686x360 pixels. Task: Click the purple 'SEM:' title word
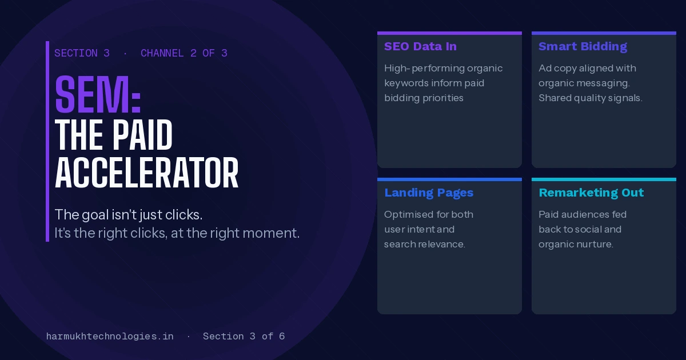pos(98,94)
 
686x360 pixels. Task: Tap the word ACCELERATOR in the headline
pos(146,173)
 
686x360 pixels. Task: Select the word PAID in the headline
pos(142,135)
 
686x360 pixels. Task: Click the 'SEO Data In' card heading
pos(421,46)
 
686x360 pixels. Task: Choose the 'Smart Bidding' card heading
pos(583,46)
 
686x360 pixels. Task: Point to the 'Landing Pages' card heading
pos(429,193)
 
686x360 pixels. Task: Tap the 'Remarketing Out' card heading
pos(591,193)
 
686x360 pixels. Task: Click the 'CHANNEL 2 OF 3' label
pos(184,53)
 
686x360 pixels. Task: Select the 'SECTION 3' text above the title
pos(82,53)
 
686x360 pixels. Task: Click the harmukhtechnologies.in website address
pos(110,336)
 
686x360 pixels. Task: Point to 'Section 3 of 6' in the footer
pos(244,336)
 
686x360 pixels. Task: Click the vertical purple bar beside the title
pos(47,142)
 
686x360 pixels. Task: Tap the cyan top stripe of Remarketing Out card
pos(604,179)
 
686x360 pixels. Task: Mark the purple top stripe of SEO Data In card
pos(449,33)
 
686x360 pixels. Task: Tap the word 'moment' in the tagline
pos(271,233)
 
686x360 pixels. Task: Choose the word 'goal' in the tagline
pos(95,215)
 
